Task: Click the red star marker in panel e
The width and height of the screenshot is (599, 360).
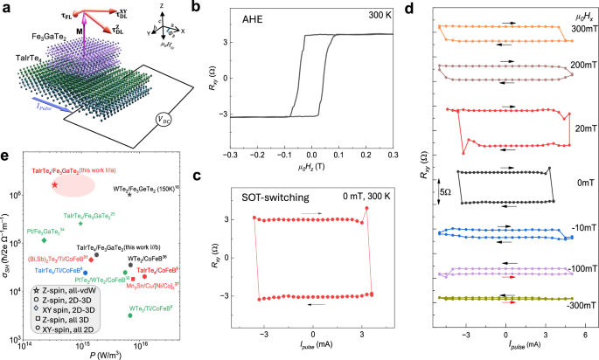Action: [54, 185]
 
